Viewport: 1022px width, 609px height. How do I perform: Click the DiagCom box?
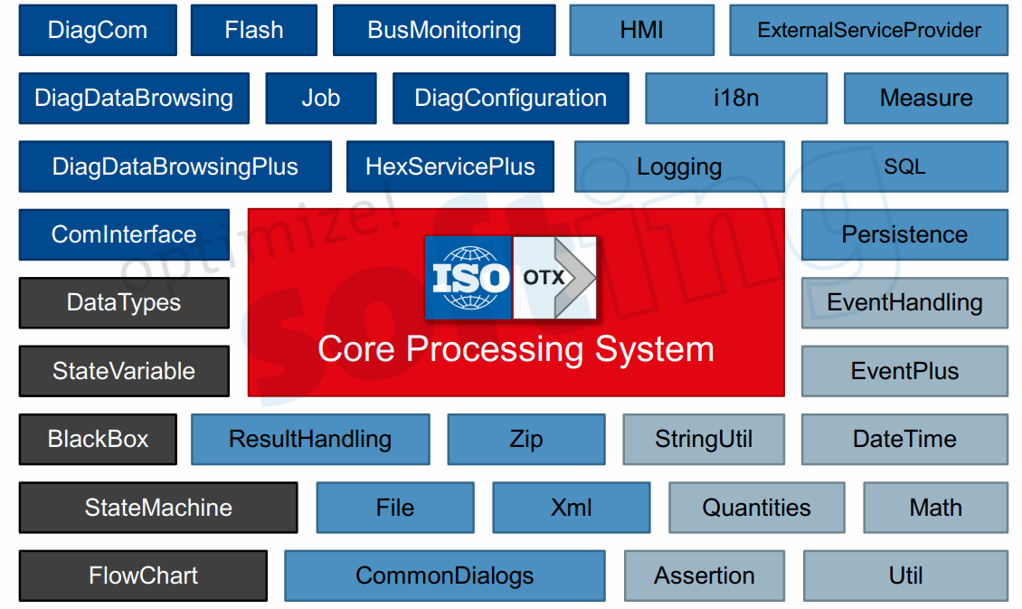coord(98,30)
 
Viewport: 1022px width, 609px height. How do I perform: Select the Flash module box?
coord(254,30)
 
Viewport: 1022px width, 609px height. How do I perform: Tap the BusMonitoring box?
coord(444,30)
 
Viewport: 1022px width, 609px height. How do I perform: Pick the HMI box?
coord(642,30)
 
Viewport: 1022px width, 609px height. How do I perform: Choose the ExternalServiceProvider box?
coord(869,30)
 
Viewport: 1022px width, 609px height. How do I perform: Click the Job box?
coord(321,99)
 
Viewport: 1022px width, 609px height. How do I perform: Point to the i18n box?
coord(736,99)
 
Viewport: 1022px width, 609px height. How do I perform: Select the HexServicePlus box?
coord(450,167)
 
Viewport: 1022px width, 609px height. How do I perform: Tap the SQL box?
coord(904,167)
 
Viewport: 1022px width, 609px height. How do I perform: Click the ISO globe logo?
coord(469,278)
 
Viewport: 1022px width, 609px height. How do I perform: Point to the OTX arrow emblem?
coord(554,278)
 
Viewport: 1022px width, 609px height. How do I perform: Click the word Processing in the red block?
coord(496,350)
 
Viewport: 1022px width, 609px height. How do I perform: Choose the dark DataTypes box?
coord(124,302)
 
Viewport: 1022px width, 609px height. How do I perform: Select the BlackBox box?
coord(98,439)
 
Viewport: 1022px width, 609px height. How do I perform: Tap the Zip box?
coord(526,439)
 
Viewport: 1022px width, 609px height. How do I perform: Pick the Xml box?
coord(572,508)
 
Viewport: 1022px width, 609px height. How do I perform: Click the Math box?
coord(936,508)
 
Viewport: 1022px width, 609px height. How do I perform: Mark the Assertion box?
coord(705,576)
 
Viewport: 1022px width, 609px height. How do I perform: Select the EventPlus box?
coord(904,371)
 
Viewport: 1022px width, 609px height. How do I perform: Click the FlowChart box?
coord(144,576)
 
